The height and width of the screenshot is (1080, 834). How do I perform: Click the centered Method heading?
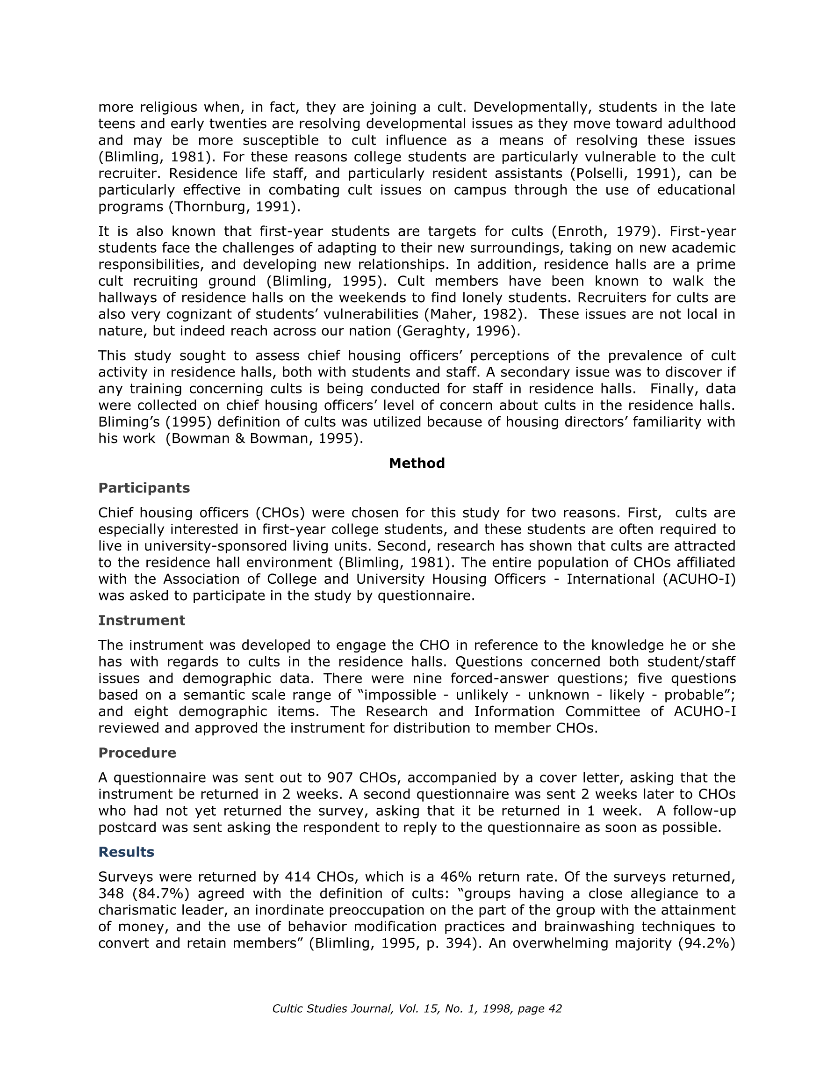416,464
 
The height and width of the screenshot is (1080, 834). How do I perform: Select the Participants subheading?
144,488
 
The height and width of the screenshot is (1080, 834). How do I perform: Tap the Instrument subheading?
141,621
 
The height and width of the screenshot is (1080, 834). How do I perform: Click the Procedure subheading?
137,753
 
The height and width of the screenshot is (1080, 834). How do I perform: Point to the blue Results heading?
126,852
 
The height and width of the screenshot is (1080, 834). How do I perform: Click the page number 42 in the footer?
555,1009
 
